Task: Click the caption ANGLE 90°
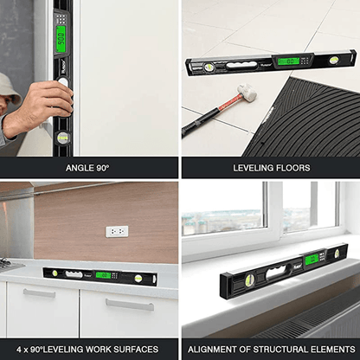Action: click(x=90, y=168)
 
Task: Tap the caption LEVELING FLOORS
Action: click(x=269, y=168)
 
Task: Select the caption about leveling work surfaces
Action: click(x=90, y=350)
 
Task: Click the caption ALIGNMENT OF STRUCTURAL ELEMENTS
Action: click(x=270, y=350)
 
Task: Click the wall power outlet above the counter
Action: click(x=116, y=232)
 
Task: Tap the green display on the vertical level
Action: click(x=61, y=37)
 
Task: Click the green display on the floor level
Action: click(x=288, y=61)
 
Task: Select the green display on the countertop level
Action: click(x=102, y=274)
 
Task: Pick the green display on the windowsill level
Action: click(x=312, y=259)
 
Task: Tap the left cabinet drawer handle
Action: click(x=39, y=292)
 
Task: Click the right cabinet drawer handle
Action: click(x=130, y=304)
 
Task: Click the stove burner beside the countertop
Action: click(x=7, y=262)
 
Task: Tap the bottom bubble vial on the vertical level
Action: click(x=62, y=137)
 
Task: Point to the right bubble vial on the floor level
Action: click(x=333, y=61)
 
